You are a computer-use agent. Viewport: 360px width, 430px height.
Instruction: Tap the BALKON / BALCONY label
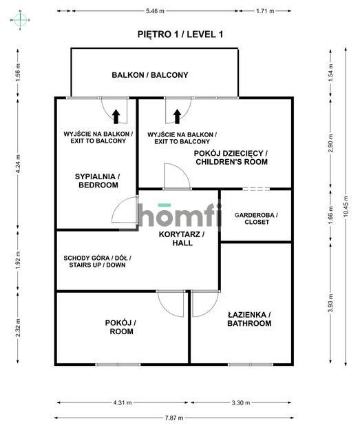tap(150, 75)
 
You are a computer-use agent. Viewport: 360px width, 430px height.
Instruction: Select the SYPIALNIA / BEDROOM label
tap(97, 181)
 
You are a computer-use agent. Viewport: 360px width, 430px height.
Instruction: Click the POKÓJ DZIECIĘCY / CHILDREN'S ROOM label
tap(231, 157)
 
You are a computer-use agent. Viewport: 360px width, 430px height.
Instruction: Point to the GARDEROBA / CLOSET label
tap(255, 219)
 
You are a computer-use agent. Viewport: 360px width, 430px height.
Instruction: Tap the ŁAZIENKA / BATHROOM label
tap(249, 318)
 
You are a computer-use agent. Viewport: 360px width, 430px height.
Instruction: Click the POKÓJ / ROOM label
tap(120, 327)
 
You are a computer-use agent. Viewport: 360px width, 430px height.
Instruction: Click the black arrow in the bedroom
tap(116, 115)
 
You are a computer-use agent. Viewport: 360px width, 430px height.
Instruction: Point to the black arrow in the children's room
tap(177, 115)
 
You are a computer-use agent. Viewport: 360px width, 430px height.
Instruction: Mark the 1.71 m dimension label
tap(265, 12)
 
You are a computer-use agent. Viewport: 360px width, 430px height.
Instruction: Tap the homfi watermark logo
tap(180, 215)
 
